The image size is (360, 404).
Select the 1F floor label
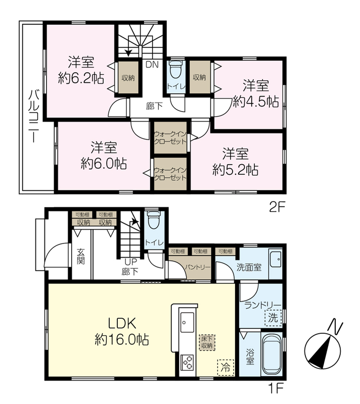pyautogui.click(x=277, y=388)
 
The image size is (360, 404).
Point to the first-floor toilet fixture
pyautogui.click(x=153, y=220)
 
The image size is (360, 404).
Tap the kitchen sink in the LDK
pyautogui.click(x=187, y=322)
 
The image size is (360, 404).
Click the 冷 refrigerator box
pyautogui.click(x=226, y=367)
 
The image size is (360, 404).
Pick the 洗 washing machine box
pyautogui.click(x=273, y=318)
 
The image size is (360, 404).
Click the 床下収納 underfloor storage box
pyautogui.click(x=207, y=342)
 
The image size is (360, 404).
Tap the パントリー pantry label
pyautogui.click(x=198, y=267)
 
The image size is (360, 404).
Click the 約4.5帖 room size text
pyautogui.click(x=256, y=102)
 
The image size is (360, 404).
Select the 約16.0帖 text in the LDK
pyautogui.click(x=122, y=339)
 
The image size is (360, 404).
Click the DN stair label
pyautogui.click(x=152, y=65)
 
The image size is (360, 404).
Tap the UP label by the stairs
pyautogui.click(x=131, y=262)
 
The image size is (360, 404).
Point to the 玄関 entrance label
pyautogui.click(x=81, y=257)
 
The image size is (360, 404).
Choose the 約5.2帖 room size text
pyautogui.click(x=236, y=170)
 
